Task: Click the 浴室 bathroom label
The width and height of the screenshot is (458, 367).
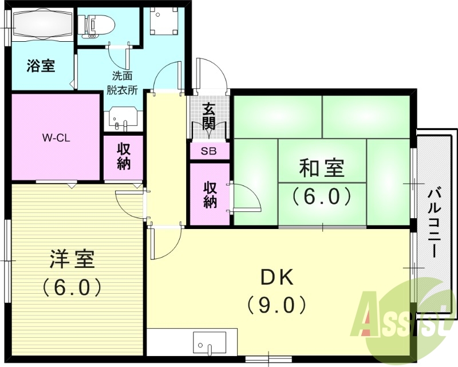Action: click(x=41, y=66)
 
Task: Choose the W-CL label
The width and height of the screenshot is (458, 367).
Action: click(x=56, y=137)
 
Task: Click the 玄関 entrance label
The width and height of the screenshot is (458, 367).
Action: click(x=210, y=116)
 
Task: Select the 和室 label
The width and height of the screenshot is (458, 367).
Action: click(x=321, y=169)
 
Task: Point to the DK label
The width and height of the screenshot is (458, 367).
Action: click(x=277, y=278)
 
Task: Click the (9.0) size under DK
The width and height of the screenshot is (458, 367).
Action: click(x=278, y=304)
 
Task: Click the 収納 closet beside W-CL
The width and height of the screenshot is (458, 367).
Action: click(x=124, y=156)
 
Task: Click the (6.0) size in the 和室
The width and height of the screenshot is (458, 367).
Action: click(x=321, y=196)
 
